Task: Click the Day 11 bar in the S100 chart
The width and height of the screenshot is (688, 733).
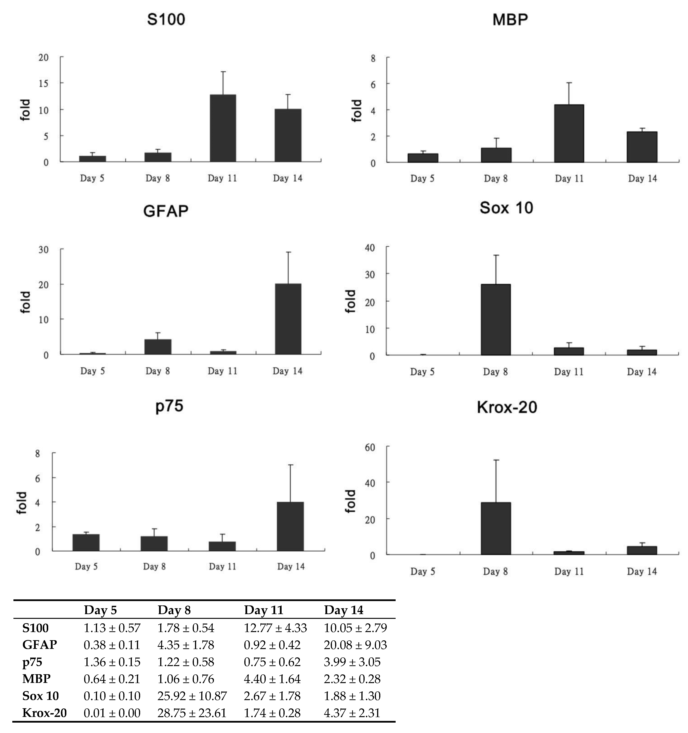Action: click(x=223, y=128)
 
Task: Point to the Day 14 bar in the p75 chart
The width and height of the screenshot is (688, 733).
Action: click(x=290, y=527)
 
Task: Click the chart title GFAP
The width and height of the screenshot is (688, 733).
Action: click(x=166, y=211)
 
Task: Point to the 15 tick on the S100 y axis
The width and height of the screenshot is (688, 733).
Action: click(x=43, y=84)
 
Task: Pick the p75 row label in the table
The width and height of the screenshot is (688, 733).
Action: click(x=33, y=662)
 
